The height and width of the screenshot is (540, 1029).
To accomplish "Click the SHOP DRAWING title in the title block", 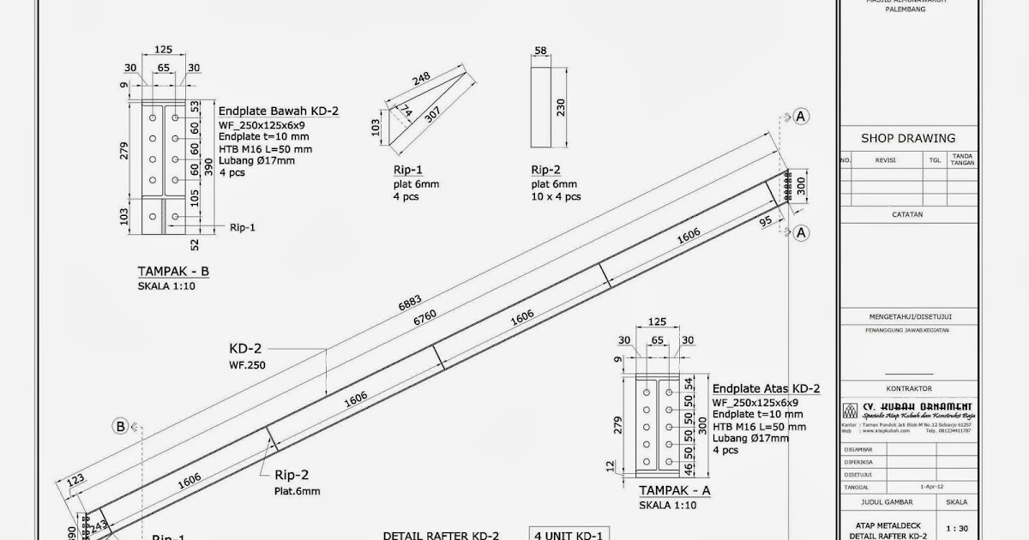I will tap(907, 138).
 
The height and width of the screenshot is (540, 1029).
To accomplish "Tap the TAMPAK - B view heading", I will tap(173, 272).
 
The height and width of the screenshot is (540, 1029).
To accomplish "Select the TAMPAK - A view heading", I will tap(675, 491).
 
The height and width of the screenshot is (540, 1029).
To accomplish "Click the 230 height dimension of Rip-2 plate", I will tap(561, 107).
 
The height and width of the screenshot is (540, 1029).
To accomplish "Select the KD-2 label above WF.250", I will tap(246, 350).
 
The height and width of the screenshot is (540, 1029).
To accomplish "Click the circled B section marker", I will tap(121, 426).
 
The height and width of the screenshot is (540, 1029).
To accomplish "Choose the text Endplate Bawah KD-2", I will tap(279, 111).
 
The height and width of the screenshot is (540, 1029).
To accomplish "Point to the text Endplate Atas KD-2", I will tap(766, 387).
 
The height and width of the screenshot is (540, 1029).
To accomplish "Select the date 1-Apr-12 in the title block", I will tap(930, 485).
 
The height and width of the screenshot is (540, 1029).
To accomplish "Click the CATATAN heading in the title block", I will tap(906, 215).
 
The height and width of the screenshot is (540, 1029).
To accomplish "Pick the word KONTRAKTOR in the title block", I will tap(906, 388).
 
